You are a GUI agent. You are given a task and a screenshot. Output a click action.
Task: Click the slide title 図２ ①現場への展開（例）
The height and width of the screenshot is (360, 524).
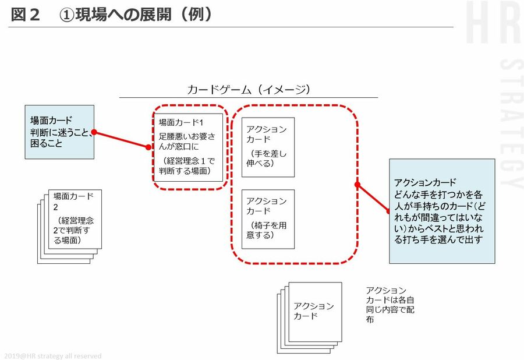click(111, 14)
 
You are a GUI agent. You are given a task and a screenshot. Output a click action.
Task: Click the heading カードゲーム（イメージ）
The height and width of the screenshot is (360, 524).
click(249, 89)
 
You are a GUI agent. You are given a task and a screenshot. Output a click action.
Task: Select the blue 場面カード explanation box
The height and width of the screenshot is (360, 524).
click(59, 132)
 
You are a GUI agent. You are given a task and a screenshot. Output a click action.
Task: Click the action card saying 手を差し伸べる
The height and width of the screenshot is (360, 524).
click(268, 147)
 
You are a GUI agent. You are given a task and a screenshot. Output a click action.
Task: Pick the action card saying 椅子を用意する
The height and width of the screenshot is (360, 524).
click(268, 218)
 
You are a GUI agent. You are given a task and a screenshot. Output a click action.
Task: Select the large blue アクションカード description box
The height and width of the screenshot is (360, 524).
click(442, 211)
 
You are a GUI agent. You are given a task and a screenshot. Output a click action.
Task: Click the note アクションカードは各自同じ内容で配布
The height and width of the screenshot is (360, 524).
click(390, 305)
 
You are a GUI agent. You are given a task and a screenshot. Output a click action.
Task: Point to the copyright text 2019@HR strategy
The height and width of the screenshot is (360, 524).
click(52, 355)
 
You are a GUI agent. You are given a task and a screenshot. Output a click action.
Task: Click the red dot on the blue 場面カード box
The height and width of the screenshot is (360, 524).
click(94, 132)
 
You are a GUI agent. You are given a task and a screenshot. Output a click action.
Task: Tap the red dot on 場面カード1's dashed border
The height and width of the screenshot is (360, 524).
click(148, 147)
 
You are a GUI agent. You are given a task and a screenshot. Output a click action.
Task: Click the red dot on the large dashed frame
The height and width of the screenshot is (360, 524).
click(357, 185)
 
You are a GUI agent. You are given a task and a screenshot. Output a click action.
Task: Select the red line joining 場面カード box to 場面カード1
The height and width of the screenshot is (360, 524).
click(121, 140)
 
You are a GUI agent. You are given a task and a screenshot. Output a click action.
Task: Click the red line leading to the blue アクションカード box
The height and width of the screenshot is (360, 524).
click(374, 198)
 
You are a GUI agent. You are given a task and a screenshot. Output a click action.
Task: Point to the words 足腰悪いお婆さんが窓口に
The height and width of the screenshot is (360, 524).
click(186, 140)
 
